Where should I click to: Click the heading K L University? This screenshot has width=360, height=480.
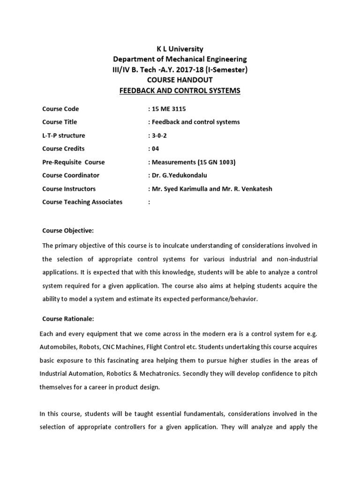click(x=180, y=49)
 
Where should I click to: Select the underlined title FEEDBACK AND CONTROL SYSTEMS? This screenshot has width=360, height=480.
click(x=180, y=90)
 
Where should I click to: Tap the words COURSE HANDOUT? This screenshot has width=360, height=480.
click(x=180, y=80)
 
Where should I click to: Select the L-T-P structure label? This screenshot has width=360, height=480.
click(x=64, y=135)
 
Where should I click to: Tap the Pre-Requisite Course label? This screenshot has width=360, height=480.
click(x=74, y=162)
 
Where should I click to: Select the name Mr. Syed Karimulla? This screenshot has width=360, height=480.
click(x=180, y=189)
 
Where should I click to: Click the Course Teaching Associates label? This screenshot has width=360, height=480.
click(x=82, y=202)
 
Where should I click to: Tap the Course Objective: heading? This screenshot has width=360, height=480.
click(x=68, y=231)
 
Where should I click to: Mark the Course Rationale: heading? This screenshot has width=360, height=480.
click(x=68, y=319)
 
